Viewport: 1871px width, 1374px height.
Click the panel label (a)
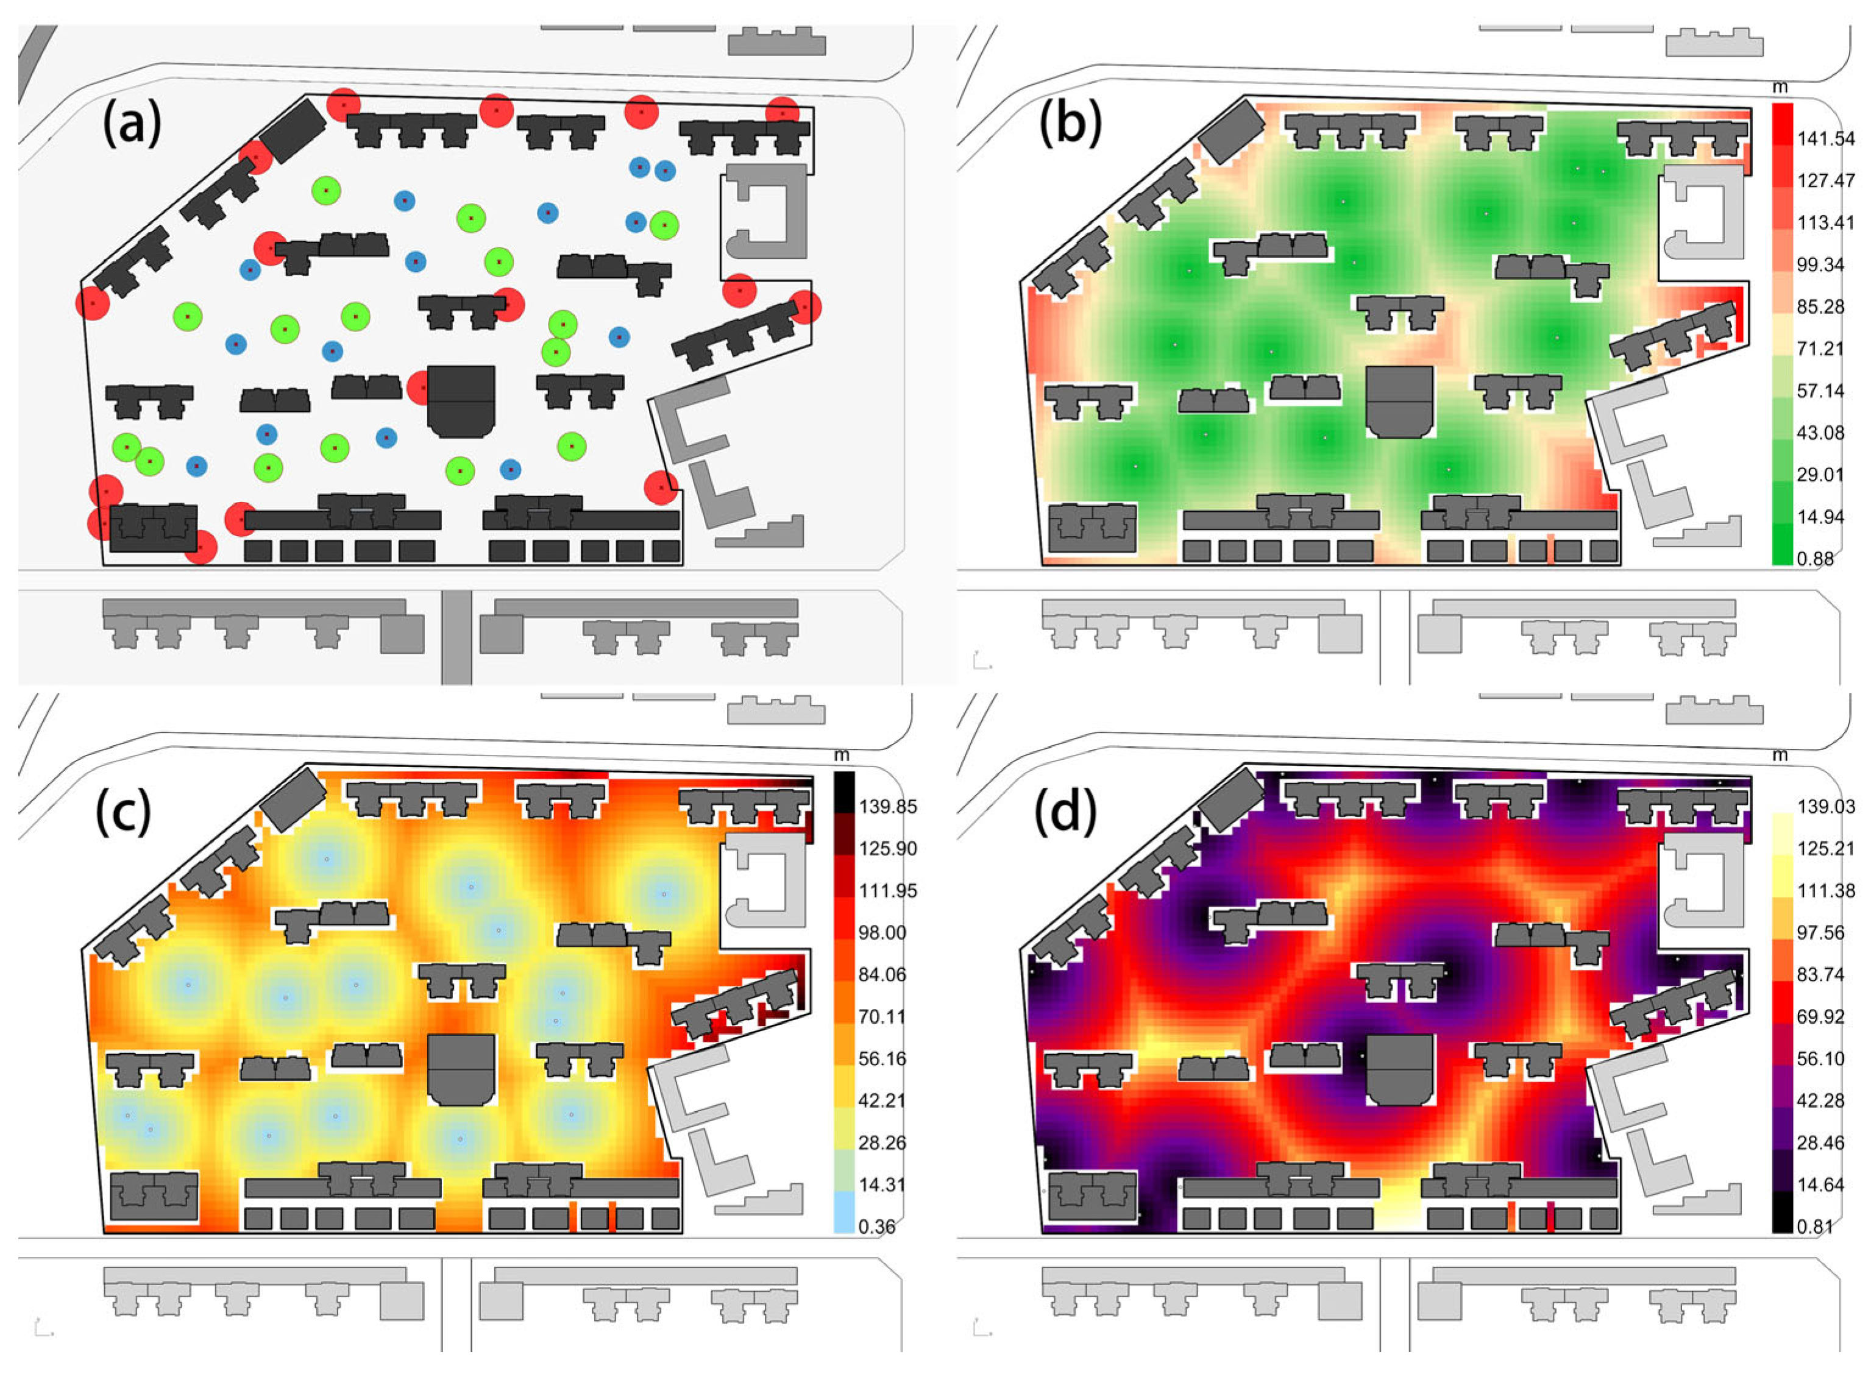point(132,125)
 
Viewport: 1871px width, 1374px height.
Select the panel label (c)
point(123,812)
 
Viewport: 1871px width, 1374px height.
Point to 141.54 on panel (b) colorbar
point(1825,139)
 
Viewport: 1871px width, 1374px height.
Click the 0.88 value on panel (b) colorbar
point(1816,559)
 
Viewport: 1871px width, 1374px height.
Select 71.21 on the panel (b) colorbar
point(1820,349)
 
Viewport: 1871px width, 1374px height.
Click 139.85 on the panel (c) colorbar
point(888,807)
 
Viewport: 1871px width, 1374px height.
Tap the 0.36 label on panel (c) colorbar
point(877,1227)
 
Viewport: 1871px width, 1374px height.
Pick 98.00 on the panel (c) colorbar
point(882,932)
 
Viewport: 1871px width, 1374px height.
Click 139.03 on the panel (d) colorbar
point(1825,807)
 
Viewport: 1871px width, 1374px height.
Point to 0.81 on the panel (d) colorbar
point(1816,1227)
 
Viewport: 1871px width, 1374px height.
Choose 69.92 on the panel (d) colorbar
point(1820,1016)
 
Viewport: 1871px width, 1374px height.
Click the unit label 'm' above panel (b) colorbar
point(1780,87)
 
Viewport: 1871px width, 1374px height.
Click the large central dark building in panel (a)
point(461,401)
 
